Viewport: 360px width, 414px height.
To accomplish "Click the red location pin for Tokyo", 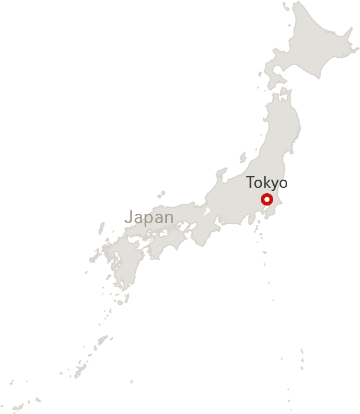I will [267, 199].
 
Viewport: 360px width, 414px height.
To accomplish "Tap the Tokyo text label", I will [267, 182].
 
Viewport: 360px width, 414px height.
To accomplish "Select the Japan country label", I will [150, 217].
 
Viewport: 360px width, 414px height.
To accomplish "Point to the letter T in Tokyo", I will [251, 181].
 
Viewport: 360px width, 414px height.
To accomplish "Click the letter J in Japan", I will [129, 217].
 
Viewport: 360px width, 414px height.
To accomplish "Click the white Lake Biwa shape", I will [207, 212].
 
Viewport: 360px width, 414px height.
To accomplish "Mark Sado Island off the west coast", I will [243, 157].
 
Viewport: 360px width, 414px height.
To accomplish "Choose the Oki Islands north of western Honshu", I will [160, 194].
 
